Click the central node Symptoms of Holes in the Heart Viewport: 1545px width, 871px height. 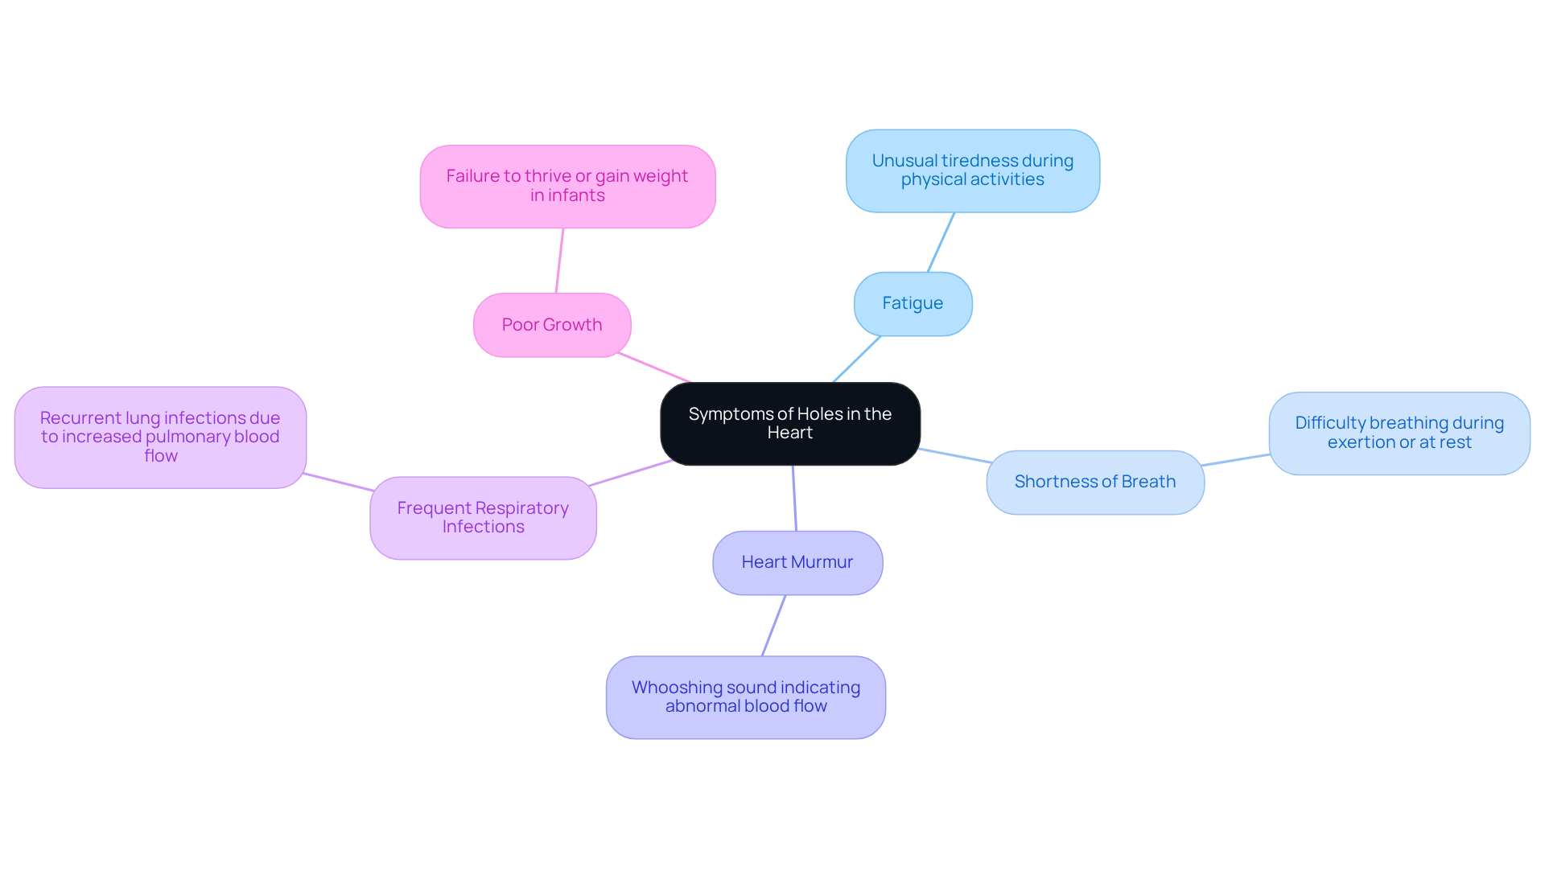[x=789, y=423]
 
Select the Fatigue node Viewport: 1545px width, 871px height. [x=913, y=304]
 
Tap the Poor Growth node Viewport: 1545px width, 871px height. [x=552, y=325]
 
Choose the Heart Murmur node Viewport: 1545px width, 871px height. [x=797, y=562]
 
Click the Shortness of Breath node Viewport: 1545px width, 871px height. [x=1094, y=482]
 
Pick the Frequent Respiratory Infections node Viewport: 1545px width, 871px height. [x=483, y=517]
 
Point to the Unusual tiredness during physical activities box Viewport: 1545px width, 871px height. [x=972, y=171]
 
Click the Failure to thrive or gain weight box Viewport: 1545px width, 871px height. [x=567, y=186]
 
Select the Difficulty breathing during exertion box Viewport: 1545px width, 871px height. [x=1399, y=433]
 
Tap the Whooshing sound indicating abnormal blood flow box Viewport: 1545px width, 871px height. [x=745, y=696]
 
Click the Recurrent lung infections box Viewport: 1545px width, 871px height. [x=160, y=437]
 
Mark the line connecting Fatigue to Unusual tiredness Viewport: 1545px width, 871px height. [x=941, y=242]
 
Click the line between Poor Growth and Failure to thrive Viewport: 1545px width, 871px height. [x=559, y=261]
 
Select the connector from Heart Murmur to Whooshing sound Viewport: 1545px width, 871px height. [x=773, y=626]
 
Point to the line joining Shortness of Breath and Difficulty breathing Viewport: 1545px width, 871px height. [x=1236, y=459]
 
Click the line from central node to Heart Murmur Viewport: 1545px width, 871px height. [x=794, y=498]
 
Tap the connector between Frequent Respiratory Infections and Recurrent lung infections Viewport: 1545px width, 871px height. [x=338, y=482]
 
